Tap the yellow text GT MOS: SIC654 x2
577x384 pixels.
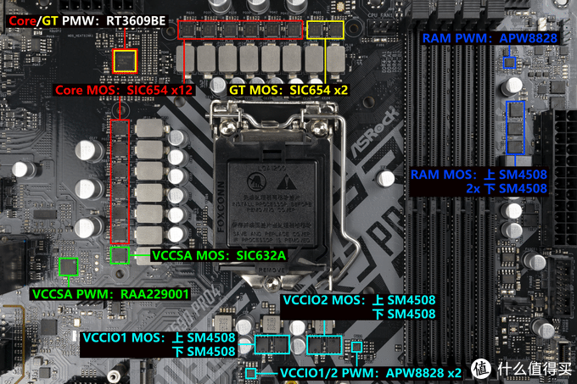point(288,88)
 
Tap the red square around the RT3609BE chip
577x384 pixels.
point(126,60)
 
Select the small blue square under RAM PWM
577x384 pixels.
point(509,63)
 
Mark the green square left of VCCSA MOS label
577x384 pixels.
point(121,253)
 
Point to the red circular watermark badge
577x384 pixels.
point(484,368)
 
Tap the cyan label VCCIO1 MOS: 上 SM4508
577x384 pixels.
point(159,337)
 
